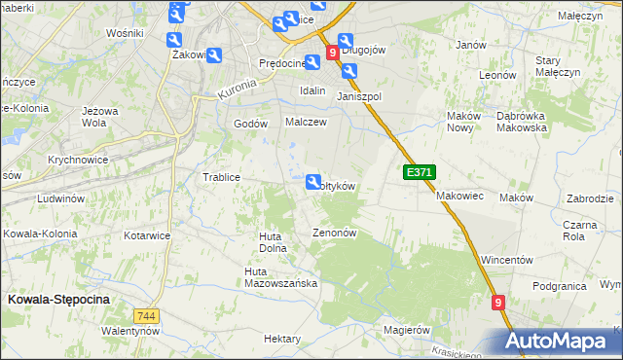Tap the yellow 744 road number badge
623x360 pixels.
click(147, 316)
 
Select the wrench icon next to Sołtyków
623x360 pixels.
click(313, 182)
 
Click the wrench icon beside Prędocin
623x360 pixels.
click(312, 62)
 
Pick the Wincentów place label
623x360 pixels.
click(507, 261)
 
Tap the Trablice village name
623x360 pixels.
click(221, 177)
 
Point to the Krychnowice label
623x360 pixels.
click(77, 159)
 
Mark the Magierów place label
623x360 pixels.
click(407, 330)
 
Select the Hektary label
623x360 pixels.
click(282, 339)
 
